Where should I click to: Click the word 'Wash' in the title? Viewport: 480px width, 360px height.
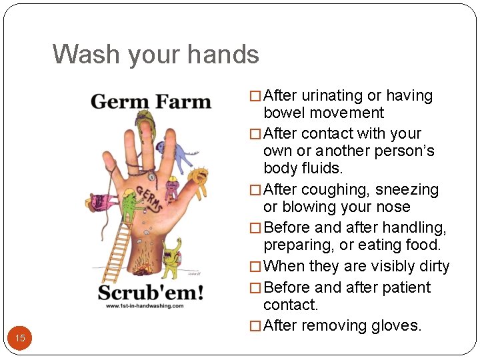coord(84,54)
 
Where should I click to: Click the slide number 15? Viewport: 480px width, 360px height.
coord(20,338)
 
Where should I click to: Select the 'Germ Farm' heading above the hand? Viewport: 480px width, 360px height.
coord(151,102)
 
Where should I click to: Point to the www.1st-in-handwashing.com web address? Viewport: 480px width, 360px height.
coord(144,306)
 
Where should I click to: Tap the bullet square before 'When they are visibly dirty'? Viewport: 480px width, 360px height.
coord(255,267)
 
